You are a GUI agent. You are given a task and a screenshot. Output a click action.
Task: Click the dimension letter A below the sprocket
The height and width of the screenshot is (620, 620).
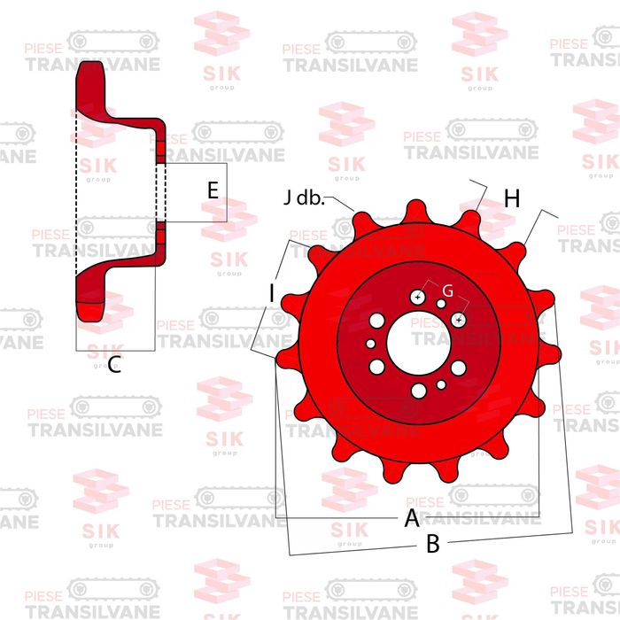point(411,518)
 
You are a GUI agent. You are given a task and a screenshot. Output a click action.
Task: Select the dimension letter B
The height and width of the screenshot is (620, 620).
point(433,545)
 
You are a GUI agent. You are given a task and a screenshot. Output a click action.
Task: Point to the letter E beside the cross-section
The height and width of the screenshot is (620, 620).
point(212,190)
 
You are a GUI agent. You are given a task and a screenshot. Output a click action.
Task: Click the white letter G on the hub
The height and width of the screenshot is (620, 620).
point(447,291)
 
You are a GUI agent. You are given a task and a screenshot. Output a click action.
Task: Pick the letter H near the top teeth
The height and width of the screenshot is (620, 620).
point(511,199)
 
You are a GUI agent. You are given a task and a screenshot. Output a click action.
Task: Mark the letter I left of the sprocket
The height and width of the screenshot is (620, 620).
point(272,291)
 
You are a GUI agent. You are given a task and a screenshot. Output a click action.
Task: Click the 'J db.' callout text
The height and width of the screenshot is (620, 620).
point(304,198)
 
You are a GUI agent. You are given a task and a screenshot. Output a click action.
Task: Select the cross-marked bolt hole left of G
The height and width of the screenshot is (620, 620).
point(417,298)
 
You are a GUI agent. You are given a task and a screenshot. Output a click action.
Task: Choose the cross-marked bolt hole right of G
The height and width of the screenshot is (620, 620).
point(459,318)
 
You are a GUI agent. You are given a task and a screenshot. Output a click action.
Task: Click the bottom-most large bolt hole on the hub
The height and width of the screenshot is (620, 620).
point(418,390)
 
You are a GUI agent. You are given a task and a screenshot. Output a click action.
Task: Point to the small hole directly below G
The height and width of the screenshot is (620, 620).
point(441,305)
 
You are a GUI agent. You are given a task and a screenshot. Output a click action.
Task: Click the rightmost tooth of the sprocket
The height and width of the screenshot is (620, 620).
point(552,354)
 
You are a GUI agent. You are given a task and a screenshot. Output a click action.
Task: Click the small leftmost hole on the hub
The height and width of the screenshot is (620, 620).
point(371,344)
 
